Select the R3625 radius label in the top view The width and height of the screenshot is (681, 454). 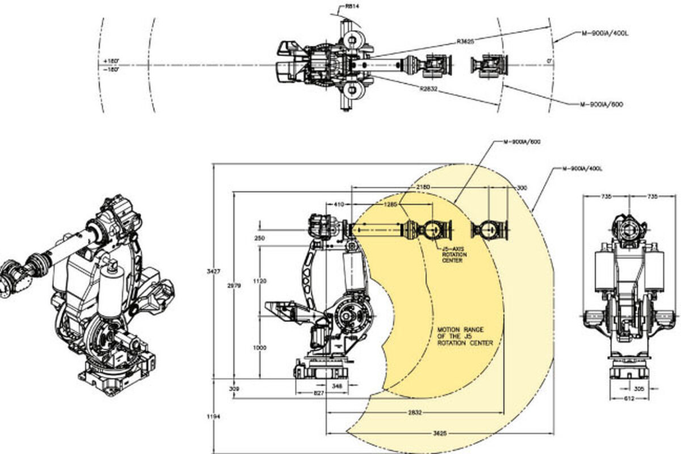[x=466, y=41]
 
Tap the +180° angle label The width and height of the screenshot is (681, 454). [x=111, y=60]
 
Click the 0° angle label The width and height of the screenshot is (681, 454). [x=549, y=60]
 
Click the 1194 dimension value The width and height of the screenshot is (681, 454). [x=213, y=417]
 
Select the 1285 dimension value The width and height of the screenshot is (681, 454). [x=391, y=204]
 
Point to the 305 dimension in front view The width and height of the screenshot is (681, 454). [x=639, y=389]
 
